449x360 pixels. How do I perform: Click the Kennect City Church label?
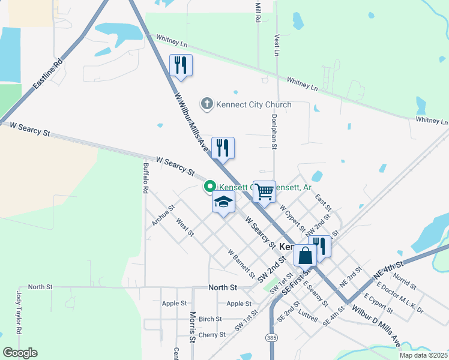pos(253,104)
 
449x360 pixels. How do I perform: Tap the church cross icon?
pos(206,104)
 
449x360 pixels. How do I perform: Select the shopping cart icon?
pos(264,192)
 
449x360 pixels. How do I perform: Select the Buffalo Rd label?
pos(145,178)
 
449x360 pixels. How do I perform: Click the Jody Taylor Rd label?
pos(19,313)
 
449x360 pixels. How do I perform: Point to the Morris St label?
pos(193,327)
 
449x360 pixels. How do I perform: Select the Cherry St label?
pos(212,335)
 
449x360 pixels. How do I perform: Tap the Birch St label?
pos(210,319)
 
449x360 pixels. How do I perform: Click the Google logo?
pos(20,353)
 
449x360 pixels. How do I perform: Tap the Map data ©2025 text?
pos(423,355)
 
